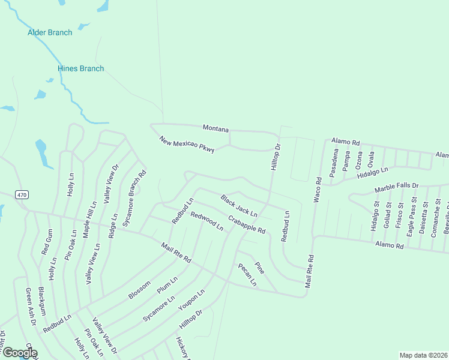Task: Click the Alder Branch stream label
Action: coord(50,32)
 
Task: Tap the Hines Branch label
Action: coord(80,68)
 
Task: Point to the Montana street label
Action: coord(216,128)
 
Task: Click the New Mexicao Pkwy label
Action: coord(187,144)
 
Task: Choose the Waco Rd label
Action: coord(316,189)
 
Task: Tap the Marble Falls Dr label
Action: coord(396,188)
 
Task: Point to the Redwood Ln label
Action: coord(206,221)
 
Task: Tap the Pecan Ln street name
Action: coord(247,274)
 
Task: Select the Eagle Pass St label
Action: coord(411,219)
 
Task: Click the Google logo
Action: coord(20,353)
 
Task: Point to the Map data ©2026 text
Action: coord(423,355)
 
